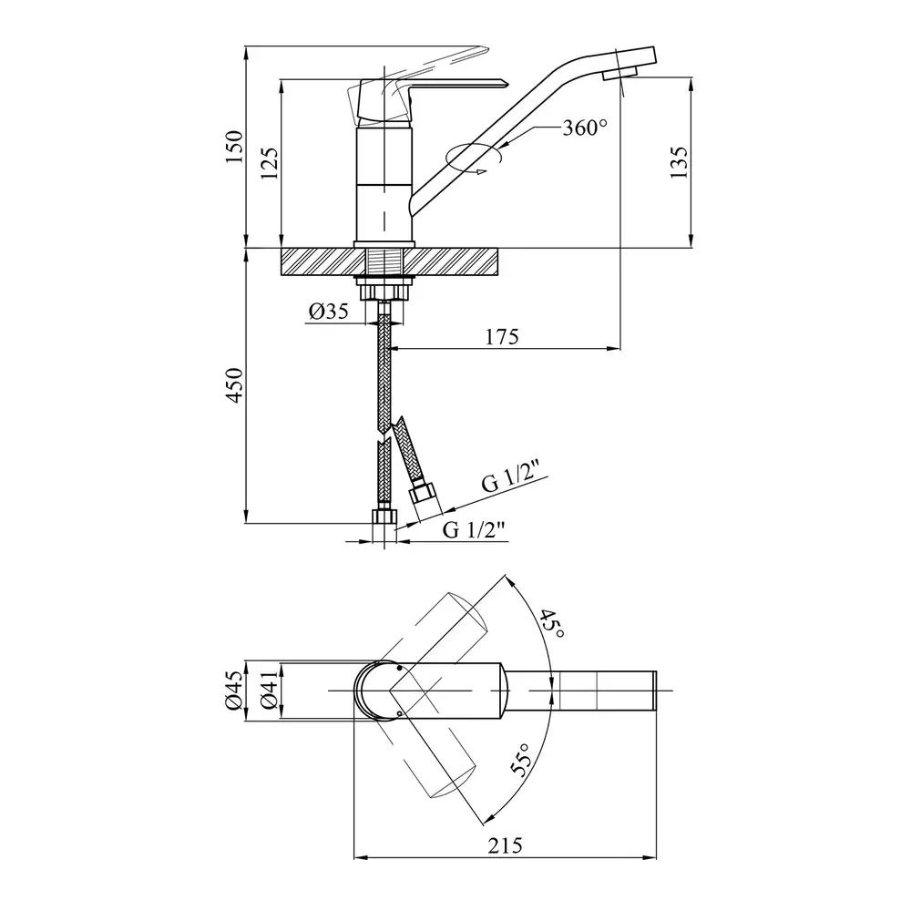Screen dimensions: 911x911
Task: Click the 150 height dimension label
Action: click(234, 147)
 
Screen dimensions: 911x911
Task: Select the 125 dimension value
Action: click(269, 163)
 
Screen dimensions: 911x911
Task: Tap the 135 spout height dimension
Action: click(679, 162)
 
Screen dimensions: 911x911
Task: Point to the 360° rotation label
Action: click(585, 128)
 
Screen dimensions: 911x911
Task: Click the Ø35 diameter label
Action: click(328, 312)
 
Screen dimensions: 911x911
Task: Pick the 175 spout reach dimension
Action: click(502, 336)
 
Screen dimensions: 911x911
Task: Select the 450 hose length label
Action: click(234, 384)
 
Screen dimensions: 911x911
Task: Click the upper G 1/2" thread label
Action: click(512, 476)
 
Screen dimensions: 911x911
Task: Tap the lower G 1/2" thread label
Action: click(474, 529)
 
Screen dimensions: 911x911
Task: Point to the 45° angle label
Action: click(549, 623)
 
